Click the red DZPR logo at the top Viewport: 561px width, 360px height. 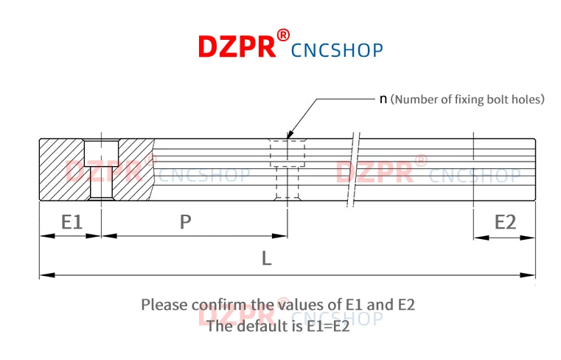point(236,46)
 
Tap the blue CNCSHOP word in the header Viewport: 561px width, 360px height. point(337,50)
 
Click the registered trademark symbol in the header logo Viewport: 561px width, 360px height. point(284,35)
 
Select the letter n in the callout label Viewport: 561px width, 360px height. point(383,99)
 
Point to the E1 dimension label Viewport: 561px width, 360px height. point(72,221)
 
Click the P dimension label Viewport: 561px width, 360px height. point(186,221)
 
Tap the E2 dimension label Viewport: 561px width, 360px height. point(505,221)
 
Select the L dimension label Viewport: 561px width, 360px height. point(267,258)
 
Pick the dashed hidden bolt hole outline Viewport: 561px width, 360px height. point(287,169)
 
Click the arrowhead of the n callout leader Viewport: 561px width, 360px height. point(289,133)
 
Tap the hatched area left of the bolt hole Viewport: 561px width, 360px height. point(61,169)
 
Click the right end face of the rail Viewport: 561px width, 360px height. point(534,169)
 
